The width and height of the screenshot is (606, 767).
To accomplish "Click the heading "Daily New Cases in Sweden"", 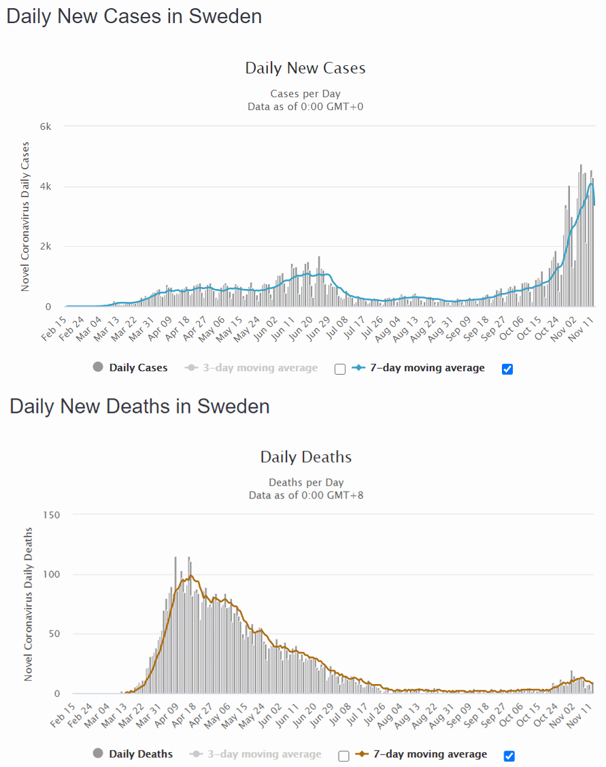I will pyautogui.click(x=134, y=16).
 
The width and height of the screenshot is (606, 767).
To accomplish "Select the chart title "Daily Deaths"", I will pyautogui.click(x=306, y=456).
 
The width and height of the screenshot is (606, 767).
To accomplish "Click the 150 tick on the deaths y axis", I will pyautogui.click(x=51, y=515).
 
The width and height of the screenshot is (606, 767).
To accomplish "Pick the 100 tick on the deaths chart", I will pyautogui.click(x=51, y=575).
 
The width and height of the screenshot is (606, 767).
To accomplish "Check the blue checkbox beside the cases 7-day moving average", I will pyautogui.click(x=507, y=369).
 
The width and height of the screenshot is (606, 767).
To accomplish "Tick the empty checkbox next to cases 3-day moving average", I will pyautogui.click(x=341, y=369).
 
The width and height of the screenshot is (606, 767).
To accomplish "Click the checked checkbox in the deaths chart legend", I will pyautogui.click(x=509, y=755).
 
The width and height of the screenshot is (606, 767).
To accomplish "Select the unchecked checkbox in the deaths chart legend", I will pyautogui.click(x=343, y=755).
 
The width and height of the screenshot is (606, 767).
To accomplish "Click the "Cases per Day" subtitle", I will pyautogui.click(x=305, y=94).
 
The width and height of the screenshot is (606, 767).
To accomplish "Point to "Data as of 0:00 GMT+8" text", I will pyautogui.click(x=306, y=495).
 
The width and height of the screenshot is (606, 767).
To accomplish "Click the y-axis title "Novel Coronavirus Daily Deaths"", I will pyautogui.click(x=29, y=604).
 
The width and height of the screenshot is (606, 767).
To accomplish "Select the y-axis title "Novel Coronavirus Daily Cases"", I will pyautogui.click(x=25, y=216).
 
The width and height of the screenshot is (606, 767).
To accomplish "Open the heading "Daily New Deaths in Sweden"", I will pyautogui.click(x=139, y=406).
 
